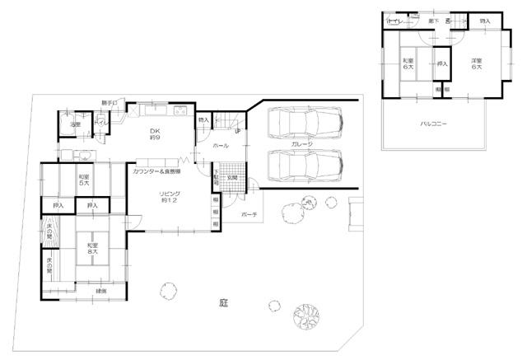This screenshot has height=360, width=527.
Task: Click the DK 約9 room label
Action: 154,134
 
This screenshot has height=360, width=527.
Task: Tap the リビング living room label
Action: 167,197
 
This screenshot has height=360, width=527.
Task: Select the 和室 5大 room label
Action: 84,180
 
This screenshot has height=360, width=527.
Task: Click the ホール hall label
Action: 222,144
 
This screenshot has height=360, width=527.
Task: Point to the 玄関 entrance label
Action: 233,178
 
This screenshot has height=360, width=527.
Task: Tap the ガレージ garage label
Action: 301,143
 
